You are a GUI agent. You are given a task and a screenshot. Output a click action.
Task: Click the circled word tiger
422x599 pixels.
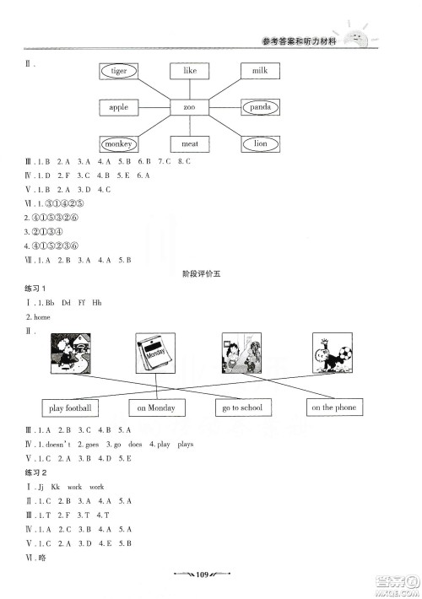[x=119, y=71]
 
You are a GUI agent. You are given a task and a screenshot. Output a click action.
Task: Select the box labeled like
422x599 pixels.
[x=189, y=71]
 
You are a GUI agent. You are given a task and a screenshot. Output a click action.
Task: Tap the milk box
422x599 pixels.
[x=259, y=71]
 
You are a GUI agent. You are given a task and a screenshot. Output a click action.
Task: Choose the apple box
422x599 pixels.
[x=119, y=107]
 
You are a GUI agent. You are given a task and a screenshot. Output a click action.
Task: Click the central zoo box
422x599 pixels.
[x=189, y=107]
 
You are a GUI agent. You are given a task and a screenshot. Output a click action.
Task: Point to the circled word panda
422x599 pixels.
[x=259, y=107]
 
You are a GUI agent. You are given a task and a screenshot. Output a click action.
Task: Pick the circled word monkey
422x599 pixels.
[x=119, y=143]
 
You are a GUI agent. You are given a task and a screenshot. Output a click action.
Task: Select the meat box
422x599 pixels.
[x=189, y=143]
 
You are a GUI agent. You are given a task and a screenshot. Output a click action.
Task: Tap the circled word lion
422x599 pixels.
[x=259, y=143]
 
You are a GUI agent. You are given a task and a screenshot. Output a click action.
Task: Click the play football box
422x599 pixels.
[x=70, y=408]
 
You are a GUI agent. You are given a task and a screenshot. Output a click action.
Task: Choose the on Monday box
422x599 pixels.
[x=157, y=408]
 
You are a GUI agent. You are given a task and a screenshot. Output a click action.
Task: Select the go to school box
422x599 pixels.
[x=242, y=408]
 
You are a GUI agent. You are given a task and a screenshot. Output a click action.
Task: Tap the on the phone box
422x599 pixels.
[x=333, y=407]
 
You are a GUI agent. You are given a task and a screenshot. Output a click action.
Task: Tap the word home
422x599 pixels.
[x=42, y=316]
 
